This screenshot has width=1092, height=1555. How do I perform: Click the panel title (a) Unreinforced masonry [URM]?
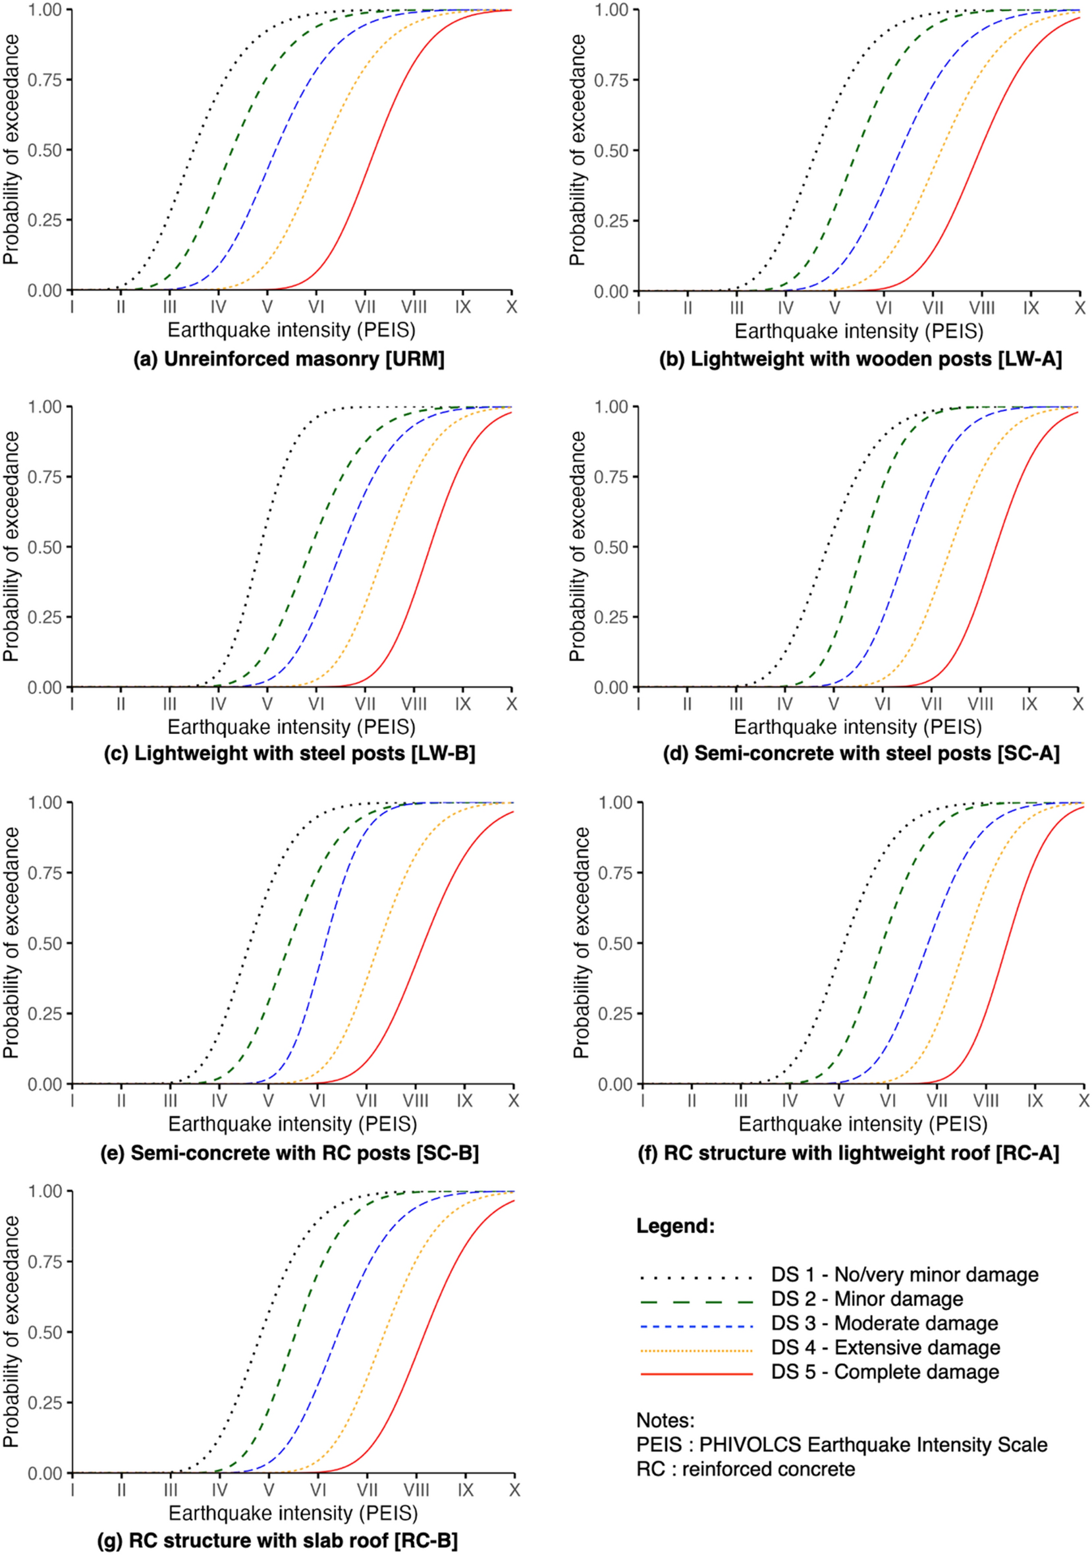point(289,359)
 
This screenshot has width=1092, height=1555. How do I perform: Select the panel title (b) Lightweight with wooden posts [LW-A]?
point(860,359)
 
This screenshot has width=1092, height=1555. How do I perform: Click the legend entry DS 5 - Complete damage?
point(885,1371)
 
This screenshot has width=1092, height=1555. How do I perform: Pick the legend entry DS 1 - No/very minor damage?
point(904,1274)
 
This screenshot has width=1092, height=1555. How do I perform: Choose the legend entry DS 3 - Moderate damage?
point(884,1322)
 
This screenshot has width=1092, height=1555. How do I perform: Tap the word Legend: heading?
point(676,1226)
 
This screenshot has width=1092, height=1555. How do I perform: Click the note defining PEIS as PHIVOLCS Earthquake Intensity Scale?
point(842,1444)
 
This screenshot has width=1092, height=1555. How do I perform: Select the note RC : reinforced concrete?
point(746,1469)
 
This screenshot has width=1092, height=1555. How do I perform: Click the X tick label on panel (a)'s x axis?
point(511,308)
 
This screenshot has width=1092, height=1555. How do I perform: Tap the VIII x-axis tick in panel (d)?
point(979,704)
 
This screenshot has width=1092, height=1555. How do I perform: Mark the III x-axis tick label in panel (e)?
point(170,1100)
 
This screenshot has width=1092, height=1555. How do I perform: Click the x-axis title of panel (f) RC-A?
point(863,1124)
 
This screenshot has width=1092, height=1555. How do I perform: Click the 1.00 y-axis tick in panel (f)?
point(614,803)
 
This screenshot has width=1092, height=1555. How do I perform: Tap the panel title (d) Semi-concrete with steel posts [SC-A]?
point(858,753)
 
